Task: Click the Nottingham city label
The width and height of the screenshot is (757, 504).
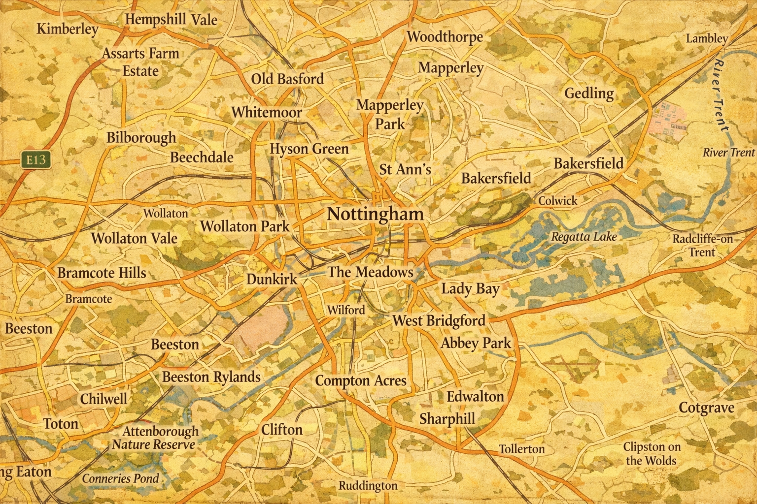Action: click(376, 214)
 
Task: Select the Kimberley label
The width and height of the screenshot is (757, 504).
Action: click(68, 29)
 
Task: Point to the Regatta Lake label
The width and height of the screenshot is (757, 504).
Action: click(584, 237)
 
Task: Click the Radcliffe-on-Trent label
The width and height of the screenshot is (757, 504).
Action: click(702, 245)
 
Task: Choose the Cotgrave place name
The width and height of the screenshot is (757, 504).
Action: click(706, 408)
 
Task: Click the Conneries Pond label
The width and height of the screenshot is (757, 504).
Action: click(121, 478)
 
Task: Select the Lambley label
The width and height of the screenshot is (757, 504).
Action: click(706, 38)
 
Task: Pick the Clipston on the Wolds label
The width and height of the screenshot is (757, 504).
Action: click(652, 453)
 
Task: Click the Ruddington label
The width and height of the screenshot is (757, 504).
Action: click(368, 485)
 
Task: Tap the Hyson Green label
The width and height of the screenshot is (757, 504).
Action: click(309, 149)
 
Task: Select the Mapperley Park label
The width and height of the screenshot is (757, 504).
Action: click(389, 114)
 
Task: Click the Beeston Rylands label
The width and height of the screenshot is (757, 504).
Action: click(211, 377)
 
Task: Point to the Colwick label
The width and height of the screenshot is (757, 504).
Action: click(557, 200)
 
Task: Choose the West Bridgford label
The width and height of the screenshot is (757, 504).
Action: click(439, 321)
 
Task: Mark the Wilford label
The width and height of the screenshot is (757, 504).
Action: click(346, 310)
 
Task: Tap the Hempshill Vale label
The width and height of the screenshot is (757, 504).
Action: click(171, 20)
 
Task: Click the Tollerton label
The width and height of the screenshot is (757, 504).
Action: click(522, 449)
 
